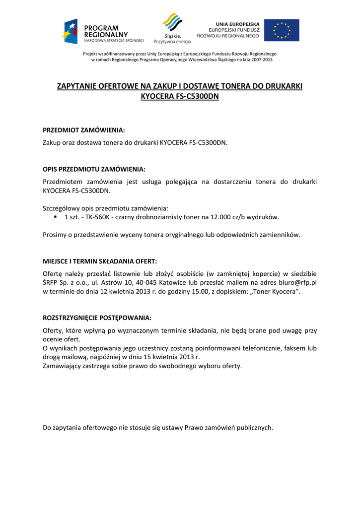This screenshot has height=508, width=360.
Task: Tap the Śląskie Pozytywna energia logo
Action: click(172, 29)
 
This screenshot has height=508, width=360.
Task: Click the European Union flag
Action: click(282, 30)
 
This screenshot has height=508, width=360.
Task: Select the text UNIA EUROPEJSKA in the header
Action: click(237, 24)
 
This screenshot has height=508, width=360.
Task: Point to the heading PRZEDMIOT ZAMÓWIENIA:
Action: click(84, 130)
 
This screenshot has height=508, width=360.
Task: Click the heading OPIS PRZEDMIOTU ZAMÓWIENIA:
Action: click(94, 169)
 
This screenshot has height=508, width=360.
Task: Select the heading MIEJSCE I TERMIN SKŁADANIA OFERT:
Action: click(100, 261)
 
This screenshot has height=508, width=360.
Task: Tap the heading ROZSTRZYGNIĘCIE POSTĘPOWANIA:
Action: click(97, 317)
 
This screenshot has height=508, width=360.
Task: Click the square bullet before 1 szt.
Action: click(56, 217)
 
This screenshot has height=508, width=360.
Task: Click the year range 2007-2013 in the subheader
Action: click(261, 60)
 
